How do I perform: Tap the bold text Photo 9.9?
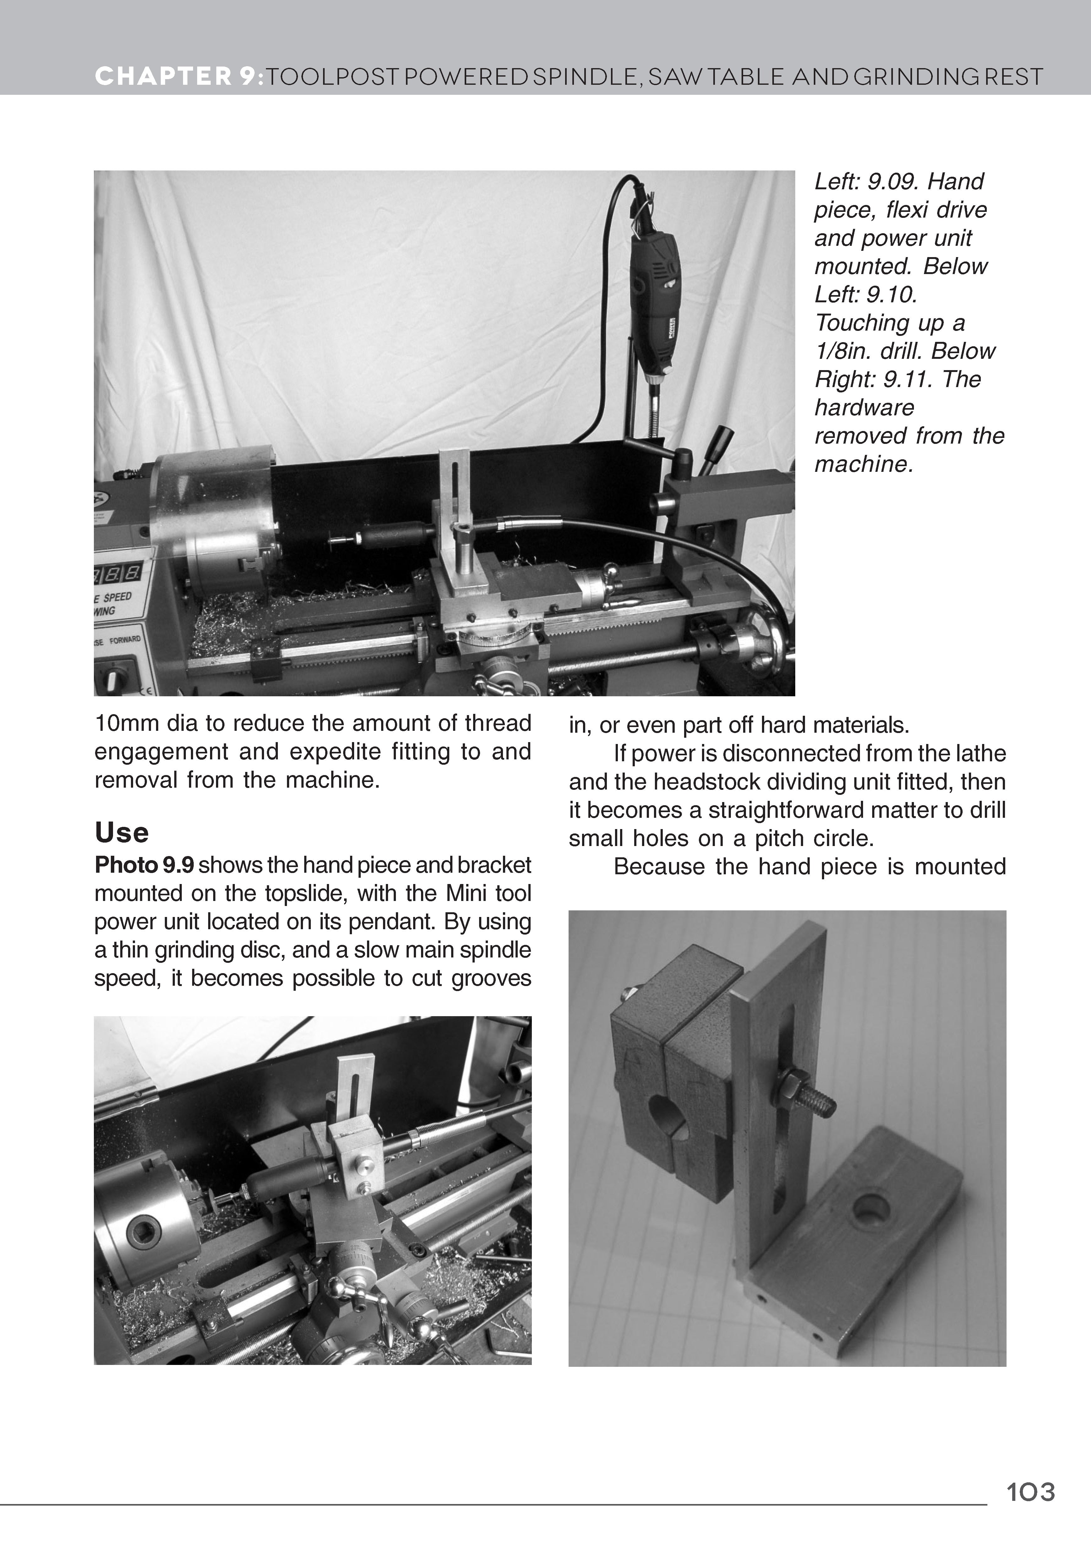144,865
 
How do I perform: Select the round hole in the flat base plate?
871,1209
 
